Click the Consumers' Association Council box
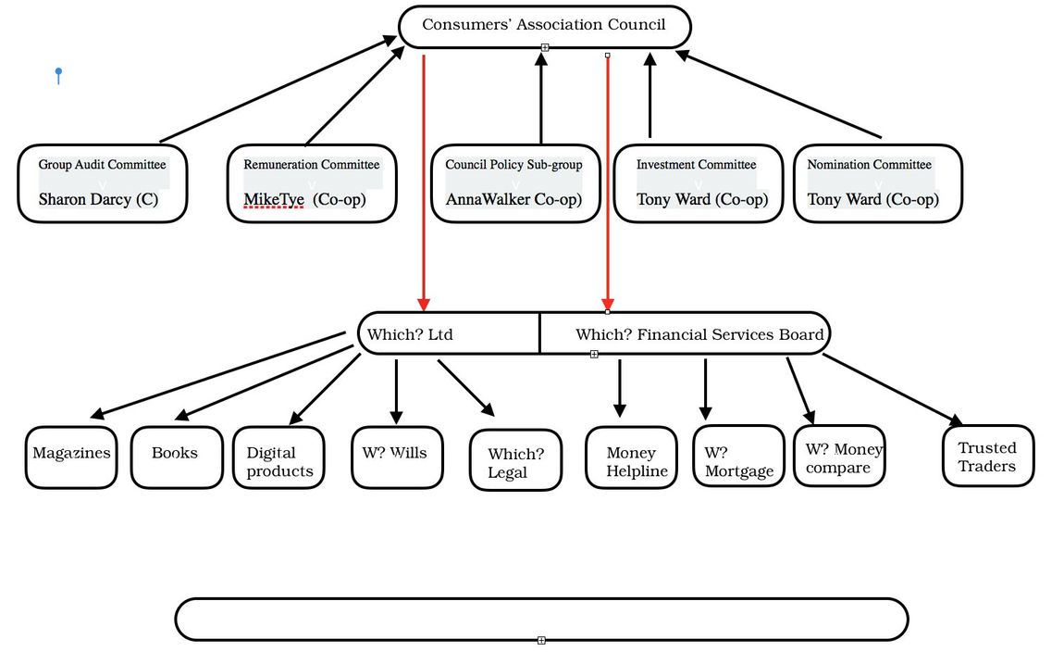(544, 27)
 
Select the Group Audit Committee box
(103, 183)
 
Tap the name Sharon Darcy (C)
(98, 199)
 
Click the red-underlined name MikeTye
(274, 200)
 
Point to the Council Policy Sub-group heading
(513, 164)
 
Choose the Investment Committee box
(699, 183)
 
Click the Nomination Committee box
(878, 183)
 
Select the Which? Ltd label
(410, 334)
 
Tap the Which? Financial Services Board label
(699, 334)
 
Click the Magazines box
(71, 457)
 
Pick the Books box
(177, 457)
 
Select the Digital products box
(278, 457)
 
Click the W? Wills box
(398, 457)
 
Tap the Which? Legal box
(515, 459)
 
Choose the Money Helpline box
(632, 457)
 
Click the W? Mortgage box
(739, 457)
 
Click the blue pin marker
(59, 75)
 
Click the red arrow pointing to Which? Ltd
(424, 183)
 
